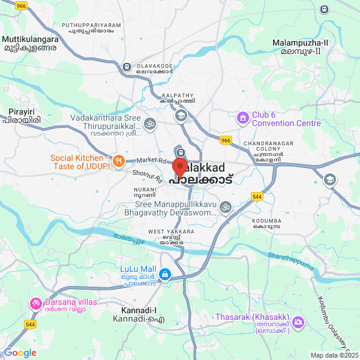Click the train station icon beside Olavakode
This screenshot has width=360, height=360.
127,67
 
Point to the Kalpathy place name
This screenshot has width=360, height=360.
178,98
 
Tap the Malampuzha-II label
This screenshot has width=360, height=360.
300,47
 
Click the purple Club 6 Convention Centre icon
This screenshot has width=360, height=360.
243,118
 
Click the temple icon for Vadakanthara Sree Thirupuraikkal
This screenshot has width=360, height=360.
150,123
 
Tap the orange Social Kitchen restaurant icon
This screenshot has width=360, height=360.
119,161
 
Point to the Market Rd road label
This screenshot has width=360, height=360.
150,161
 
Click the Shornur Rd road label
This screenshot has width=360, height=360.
148,176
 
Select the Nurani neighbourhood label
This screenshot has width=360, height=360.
145,192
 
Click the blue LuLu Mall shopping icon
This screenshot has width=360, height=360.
164,274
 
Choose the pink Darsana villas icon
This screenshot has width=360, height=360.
35,302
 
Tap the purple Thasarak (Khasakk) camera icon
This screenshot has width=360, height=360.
298,322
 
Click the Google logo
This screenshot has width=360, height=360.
20,353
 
